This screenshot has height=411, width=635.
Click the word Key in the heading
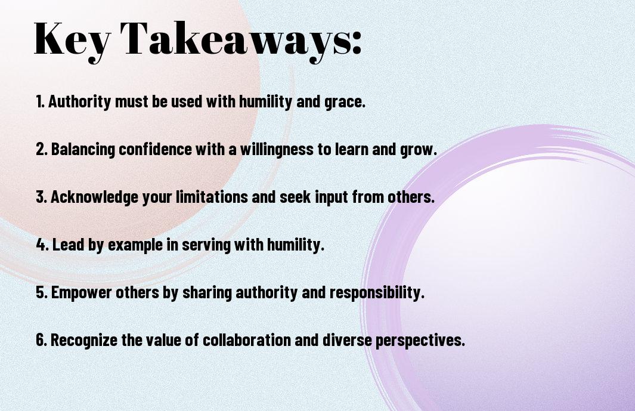(72, 40)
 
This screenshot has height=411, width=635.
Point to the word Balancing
(83, 150)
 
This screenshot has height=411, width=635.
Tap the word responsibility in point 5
(382, 293)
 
